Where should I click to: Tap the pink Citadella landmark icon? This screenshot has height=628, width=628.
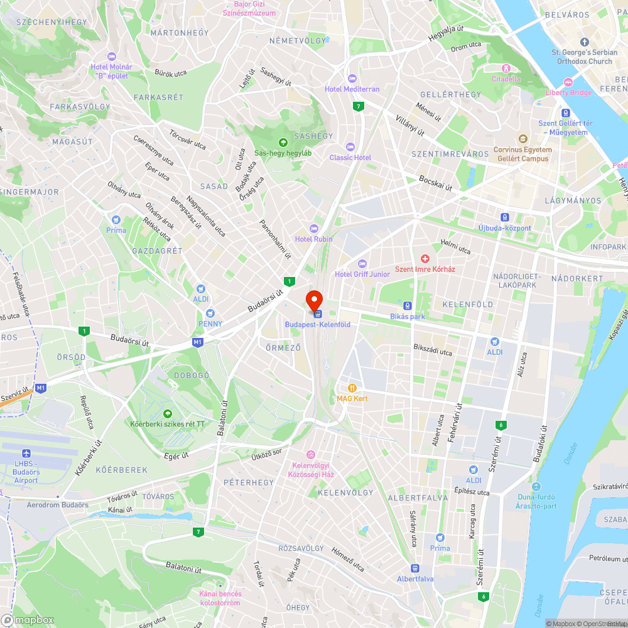506,68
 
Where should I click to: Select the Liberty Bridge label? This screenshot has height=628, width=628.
568,92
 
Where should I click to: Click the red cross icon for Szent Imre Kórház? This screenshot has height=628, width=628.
425,259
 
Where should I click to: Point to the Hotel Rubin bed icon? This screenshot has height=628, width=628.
314,229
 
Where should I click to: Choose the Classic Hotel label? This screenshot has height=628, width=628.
350,158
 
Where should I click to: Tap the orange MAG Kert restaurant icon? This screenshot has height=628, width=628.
352,387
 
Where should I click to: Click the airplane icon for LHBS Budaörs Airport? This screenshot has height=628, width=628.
26,453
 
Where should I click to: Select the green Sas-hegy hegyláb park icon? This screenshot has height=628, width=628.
283,143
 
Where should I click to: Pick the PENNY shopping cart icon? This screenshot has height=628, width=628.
210,313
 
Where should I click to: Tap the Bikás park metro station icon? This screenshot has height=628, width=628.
408,306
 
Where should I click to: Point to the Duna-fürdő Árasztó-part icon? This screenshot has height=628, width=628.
536,487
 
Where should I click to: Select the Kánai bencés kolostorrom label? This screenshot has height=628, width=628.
220,598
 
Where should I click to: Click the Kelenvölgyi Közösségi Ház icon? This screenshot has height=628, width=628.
310,455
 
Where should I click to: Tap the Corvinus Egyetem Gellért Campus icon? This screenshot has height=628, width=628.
522,139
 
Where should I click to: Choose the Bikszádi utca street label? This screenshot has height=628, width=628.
433,352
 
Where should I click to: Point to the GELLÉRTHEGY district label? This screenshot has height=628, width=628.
454,94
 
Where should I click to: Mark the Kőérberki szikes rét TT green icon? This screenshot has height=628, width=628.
167,413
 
